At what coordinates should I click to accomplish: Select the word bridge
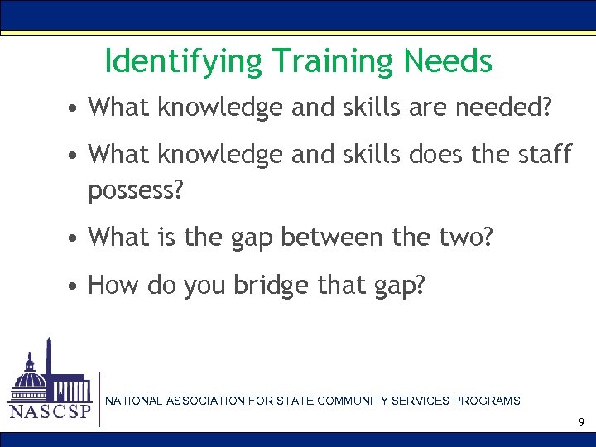point(272,286)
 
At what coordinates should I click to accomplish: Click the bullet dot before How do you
point(74,286)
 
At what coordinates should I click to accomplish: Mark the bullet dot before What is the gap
point(74,238)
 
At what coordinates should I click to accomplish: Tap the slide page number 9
point(581,423)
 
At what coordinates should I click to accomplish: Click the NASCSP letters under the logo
point(49,411)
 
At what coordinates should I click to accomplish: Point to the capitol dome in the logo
point(31,377)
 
